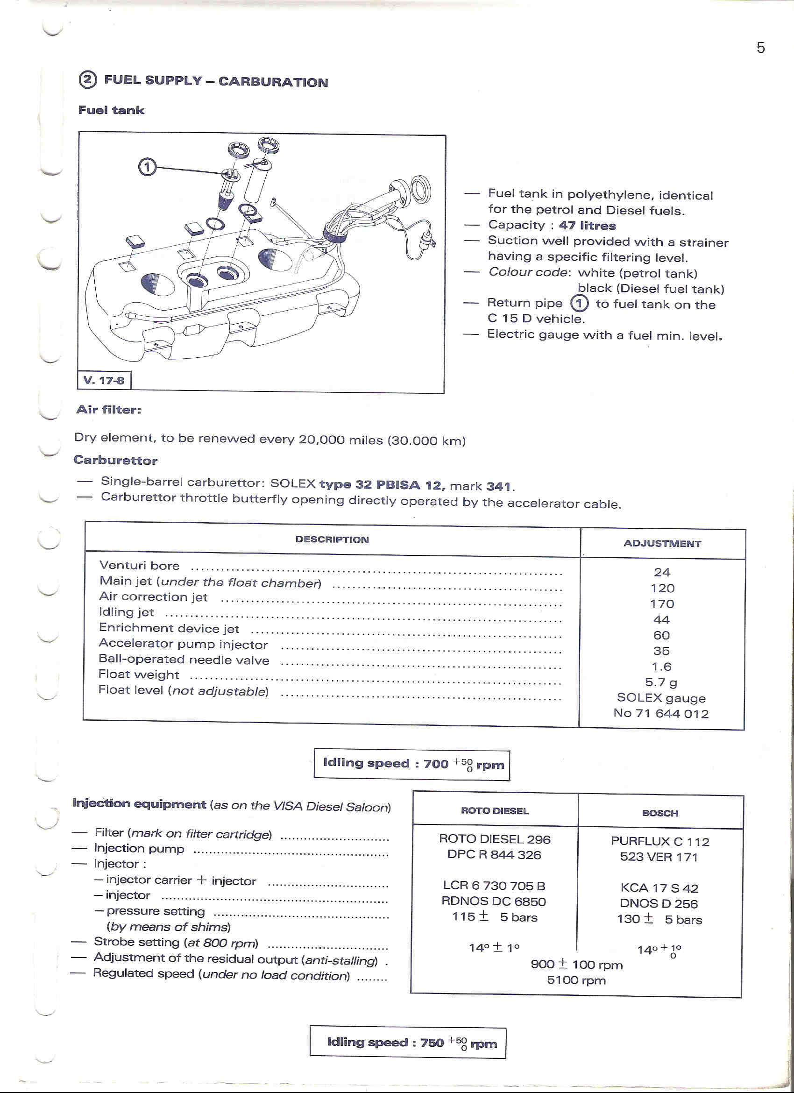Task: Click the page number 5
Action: pos(760,48)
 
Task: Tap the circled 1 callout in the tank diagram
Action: pos(147,167)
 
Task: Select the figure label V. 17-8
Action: pos(104,380)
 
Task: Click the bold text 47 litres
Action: pos(587,226)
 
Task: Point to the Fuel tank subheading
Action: pos(111,110)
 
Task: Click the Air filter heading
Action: pos(108,410)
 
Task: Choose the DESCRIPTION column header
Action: pos(332,540)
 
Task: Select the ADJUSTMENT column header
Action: pos(662,544)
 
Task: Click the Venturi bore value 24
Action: pos(662,572)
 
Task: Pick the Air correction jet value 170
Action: pos(662,604)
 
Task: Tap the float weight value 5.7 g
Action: pos(661,682)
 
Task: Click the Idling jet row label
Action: pos(126,612)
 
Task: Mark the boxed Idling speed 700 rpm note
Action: pos(412,764)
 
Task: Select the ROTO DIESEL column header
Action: pos(495,810)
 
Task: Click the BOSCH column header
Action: pos(660,813)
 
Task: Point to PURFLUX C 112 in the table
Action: pos(660,841)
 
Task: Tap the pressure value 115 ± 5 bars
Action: pos(494,916)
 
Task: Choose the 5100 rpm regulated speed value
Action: pos(576,980)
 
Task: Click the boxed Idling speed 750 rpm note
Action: pos(408,1043)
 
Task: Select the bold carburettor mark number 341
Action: pos(499,486)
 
